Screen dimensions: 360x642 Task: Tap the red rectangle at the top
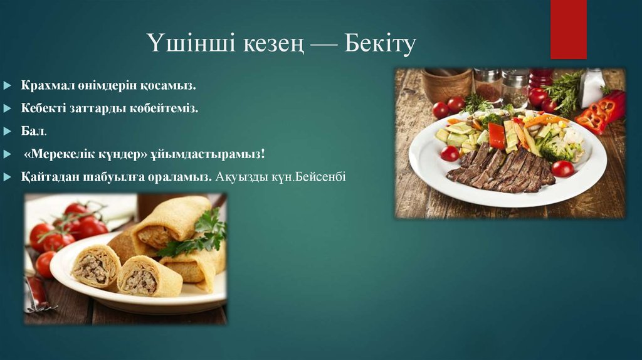pos(568,28)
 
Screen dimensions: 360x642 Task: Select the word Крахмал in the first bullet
pos(46,85)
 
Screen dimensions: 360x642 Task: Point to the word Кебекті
pos(45,108)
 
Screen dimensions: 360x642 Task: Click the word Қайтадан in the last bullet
pos(48,177)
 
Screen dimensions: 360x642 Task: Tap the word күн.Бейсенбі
pos(308,177)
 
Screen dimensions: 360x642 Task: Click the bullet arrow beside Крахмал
pos(6,85)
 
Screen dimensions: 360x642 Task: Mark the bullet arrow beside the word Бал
pos(6,131)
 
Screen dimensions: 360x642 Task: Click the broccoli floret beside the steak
pos(555,149)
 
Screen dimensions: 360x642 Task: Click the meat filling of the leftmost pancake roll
pos(92,267)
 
